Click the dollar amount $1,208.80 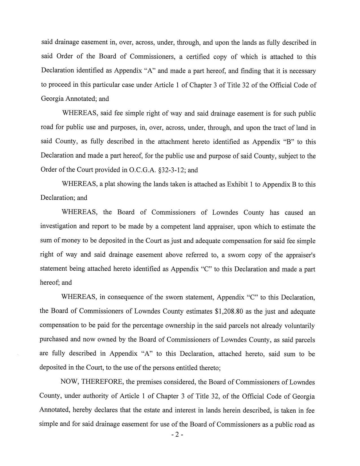[x=229, y=312]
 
